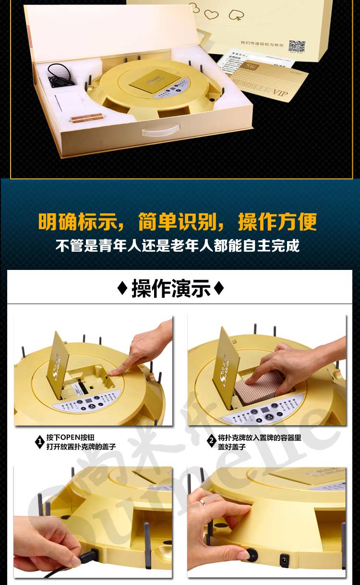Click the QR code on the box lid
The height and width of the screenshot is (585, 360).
(297, 47)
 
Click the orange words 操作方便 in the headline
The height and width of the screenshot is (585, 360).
(277, 222)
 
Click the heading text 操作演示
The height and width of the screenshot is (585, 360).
(171, 289)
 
